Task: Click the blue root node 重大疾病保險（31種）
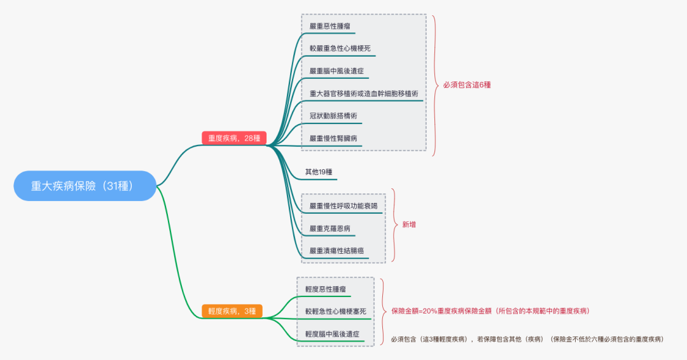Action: pyautogui.click(x=85, y=186)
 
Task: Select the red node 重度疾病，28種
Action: pyautogui.click(x=234, y=138)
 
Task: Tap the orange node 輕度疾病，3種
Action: pyautogui.click(x=232, y=311)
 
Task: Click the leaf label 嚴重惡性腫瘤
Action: pyautogui.click(x=329, y=26)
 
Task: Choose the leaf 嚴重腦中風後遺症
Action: pyautogui.click(x=336, y=71)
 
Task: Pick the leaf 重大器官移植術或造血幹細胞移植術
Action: pyautogui.click(x=363, y=93)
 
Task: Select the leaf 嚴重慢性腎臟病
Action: pyautogui.click(x=333, y=138)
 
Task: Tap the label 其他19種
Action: pyautogui.click(x=319, y=172)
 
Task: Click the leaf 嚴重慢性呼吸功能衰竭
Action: pyautogui.click(x=343, y=205)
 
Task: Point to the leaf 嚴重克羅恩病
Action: pyautogui.click(x=330, y=228)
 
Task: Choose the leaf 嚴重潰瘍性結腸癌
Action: pyautogui.click(x=336, y=250)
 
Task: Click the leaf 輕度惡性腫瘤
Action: pyautogui.click(x=325, y=289)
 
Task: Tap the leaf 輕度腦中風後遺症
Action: pyautogui.click(x=332, y=334)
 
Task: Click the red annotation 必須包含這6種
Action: pyautogui.click(x=467, y=85)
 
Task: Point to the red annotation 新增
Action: pyautogui.click(x=409, y=225)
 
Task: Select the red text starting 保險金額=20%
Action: pyautogui.click(x=490, y=311)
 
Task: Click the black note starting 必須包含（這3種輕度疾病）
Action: pyautogui.click(x=527, y=339)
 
